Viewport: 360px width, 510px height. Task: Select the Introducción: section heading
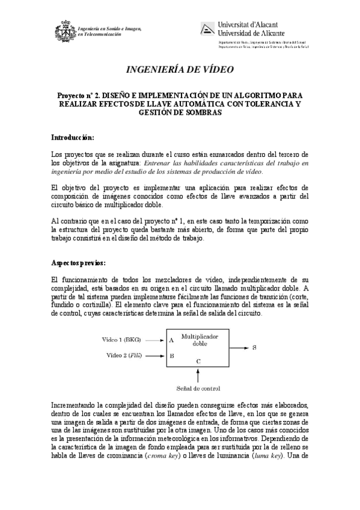72,137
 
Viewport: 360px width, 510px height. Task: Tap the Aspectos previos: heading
79,263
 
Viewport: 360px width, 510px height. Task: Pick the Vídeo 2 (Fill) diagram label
124,355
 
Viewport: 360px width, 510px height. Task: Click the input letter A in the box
172,340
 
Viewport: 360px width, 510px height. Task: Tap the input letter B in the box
172,355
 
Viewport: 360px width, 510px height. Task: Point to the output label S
254,348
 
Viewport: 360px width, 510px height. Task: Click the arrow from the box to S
239,348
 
